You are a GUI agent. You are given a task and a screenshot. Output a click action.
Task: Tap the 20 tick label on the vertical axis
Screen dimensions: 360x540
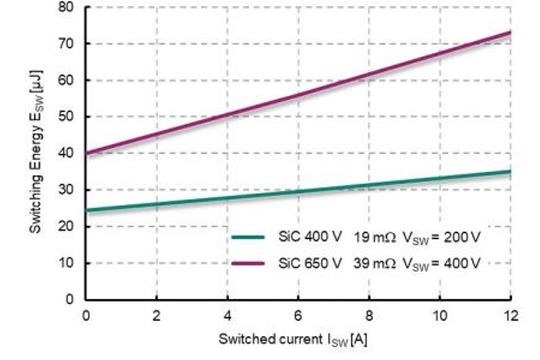pos(71,227)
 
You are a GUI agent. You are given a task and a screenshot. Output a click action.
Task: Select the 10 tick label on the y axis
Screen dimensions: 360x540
pos(71,264)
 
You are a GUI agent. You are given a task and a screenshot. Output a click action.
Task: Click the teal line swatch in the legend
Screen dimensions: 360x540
pos(249,236)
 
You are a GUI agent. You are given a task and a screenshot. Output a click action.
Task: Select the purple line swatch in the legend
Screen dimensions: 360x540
pos(249,263)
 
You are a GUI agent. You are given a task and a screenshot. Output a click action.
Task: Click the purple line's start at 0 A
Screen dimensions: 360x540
pos(87,154)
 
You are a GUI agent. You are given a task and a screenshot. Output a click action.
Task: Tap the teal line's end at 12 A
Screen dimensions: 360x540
pos(510,172)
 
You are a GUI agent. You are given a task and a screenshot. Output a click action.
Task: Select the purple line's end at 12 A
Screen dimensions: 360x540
pos(510,33)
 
